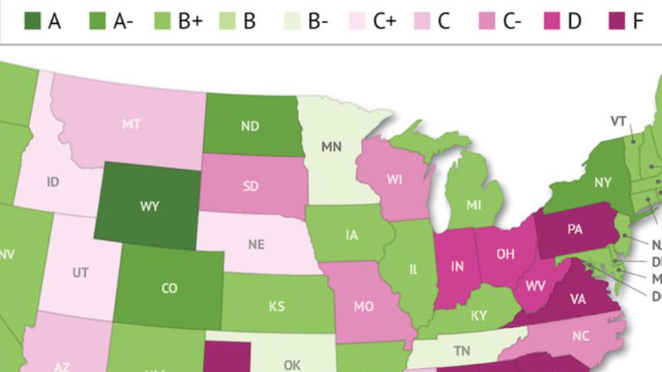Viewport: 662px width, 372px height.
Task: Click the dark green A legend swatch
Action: pos(32,21)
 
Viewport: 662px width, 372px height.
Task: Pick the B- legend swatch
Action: pos(293,21)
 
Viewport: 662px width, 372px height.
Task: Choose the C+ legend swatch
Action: pos(358,21)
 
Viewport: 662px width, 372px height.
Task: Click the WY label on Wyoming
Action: pos(150,207)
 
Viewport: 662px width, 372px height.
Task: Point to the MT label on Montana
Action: pos(131,124)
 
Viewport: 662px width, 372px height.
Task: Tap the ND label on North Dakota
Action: pos(250,127)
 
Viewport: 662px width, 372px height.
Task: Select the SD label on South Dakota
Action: pos(250,186)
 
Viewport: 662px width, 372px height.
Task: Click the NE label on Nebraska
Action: pos(256,245)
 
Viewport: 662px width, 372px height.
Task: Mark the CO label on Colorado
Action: pos(169,289)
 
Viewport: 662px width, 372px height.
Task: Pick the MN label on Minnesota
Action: pos(331,147)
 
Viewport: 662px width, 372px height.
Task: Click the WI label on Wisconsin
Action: pos(395,180)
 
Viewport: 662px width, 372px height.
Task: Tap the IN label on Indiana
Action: pos(457,266)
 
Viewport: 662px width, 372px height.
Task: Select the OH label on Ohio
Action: pos(505,254)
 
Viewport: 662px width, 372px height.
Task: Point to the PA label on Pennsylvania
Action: pos(575,229)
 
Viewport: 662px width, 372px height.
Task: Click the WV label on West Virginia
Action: pos(535,286)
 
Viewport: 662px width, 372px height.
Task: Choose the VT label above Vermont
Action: pos(618,121)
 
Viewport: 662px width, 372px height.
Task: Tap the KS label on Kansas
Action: pos(277,306)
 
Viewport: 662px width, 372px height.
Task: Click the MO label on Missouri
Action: pos(364,306)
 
